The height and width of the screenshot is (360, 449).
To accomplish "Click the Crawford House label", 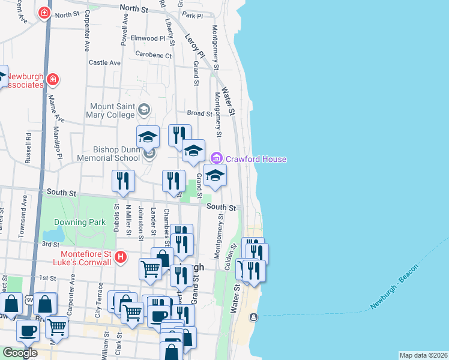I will (x=256, y=159).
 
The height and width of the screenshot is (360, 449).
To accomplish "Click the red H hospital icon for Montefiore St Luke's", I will (x=121, y=257).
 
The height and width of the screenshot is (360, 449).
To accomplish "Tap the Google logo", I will (x=19, y=353).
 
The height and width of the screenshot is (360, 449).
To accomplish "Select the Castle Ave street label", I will (x=104, y=62).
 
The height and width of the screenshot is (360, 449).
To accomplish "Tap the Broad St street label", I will (x=199, y=113).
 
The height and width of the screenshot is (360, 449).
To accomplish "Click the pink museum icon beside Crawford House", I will (x=216, y=159).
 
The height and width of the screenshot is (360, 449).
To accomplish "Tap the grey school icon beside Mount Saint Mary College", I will (x=143, y=110).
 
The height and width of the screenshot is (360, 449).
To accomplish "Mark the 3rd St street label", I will (x=49, y=244).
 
